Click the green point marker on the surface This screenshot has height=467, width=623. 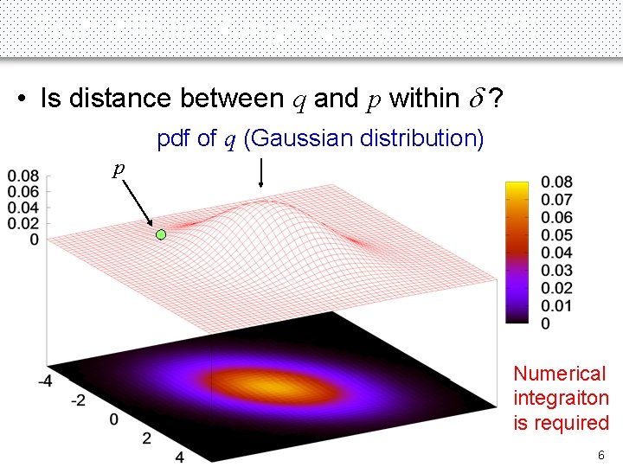[x=160, y=234]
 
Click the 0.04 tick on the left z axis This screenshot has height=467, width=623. [x=22, y=208]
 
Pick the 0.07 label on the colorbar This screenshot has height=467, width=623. [x=556, y=200]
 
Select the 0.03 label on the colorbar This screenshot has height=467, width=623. [x=556, y=271]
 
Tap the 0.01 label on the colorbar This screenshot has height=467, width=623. [x=556, y=306]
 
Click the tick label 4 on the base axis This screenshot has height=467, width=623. [x=179, y=456]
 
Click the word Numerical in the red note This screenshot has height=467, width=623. [x=560, y=374]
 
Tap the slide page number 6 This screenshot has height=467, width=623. [x=600, y=455]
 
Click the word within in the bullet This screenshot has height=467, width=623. [x=425, y=99]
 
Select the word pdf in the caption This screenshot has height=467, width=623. [x=174, y=138]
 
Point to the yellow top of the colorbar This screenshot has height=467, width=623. [x=517, y=186]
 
